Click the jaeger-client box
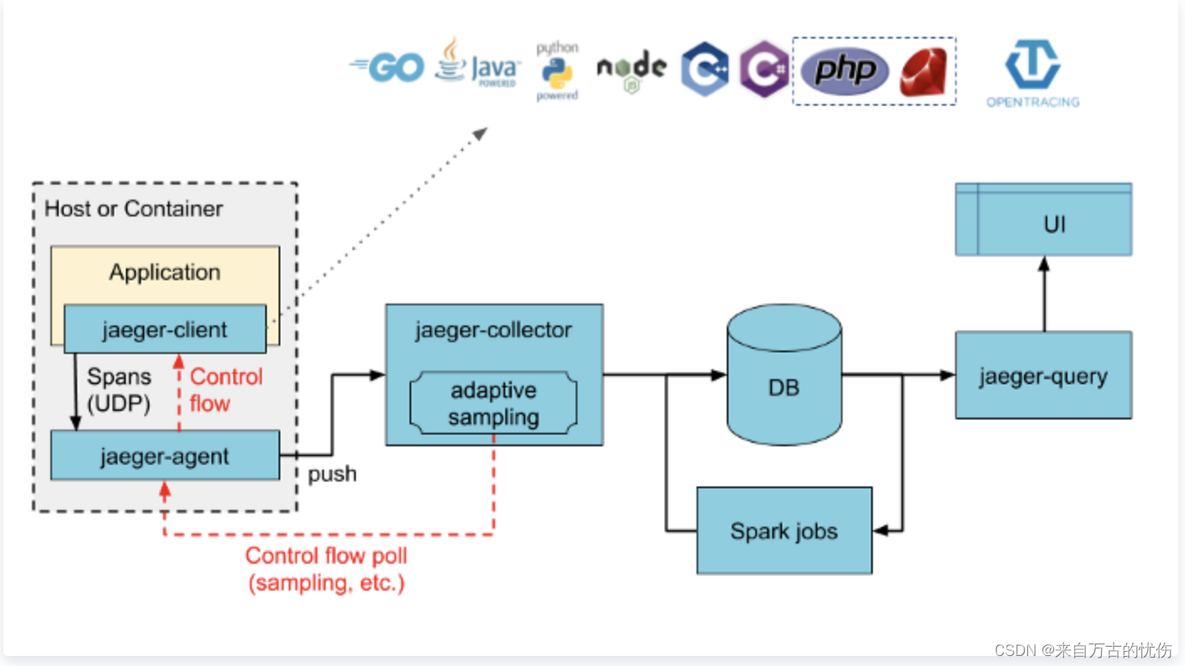click(x=164, y=330)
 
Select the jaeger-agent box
click(x=164, y=456)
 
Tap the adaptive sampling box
click(x=493, y=403)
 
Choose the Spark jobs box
click(x=784, y=531)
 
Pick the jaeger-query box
click(x=1043, y=376)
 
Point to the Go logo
click(x=387, y=68)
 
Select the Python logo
click(x=557, y=72)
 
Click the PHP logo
click(x=843, y=70)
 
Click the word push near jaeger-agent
click(x=332, y=474)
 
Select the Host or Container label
click(x=133, y=209)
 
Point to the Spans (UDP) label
click(x=119, y=390)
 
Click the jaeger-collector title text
click(x=493, y=330)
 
